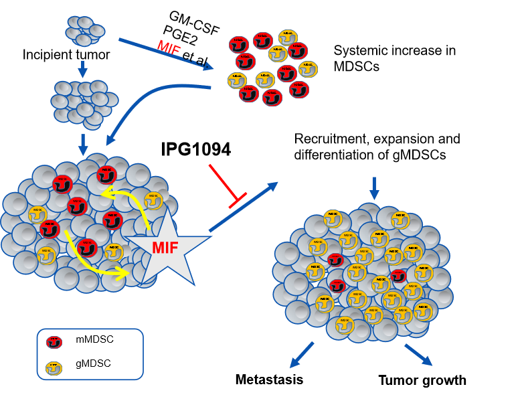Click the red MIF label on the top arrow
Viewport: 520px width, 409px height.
tap(169, 49)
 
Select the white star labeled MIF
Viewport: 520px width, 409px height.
tap(165, 247)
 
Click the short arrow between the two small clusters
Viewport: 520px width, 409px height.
tap(82, 69)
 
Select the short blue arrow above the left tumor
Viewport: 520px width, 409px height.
tap(83, 144)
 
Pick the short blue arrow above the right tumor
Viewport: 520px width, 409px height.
tap(374, 188)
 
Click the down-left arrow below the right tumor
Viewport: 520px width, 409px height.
tap(302, 355)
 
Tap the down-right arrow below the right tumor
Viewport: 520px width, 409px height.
tap(418, 355)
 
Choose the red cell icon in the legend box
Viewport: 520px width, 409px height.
tap(54, 342)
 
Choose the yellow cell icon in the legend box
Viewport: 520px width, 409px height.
tap(54, 368)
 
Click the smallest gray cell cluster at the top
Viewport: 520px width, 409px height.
tap(85, 31)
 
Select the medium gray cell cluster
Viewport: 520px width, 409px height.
tap(84, 104)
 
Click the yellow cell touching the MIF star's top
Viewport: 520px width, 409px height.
tap(153, 201)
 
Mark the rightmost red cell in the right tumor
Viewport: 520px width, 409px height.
tap(399, 276)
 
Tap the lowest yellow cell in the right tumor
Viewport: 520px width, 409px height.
tap(345, 325)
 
